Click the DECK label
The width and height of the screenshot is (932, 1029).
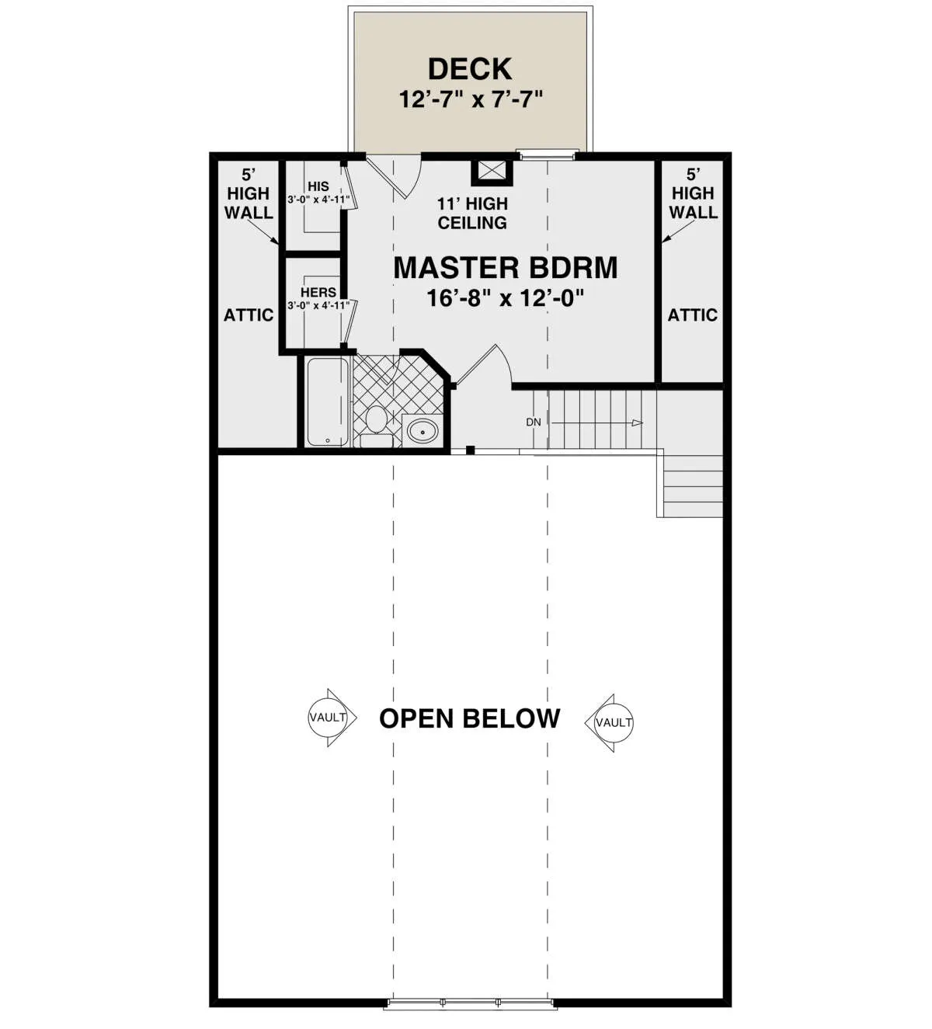pos(470,69)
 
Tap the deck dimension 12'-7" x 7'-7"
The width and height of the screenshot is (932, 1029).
pos(471,99)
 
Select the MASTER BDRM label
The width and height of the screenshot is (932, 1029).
pos(506,268)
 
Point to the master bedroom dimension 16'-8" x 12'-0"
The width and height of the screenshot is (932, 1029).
pos(506,297)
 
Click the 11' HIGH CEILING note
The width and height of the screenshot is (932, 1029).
pos(472,213)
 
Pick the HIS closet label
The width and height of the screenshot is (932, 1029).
pos(318,186)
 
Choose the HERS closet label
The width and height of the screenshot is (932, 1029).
pos(318,292)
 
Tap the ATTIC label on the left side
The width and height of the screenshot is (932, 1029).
pos(249,315)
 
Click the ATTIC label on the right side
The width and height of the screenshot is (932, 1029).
pos(692,315)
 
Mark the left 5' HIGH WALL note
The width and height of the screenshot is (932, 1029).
pos(249,194)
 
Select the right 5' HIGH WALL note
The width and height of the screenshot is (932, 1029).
pos(694,194)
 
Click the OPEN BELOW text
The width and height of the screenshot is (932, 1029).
pos(470,718)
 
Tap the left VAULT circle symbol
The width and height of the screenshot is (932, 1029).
pos(328,717)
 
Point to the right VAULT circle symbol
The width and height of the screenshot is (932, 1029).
pos(614,723)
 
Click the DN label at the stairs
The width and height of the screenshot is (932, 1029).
pos(534,422)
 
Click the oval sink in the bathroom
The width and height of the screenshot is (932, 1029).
pos(423,432)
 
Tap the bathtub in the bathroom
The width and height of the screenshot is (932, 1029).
pos(328,402)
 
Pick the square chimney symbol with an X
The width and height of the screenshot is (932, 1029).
pos(492,172)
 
